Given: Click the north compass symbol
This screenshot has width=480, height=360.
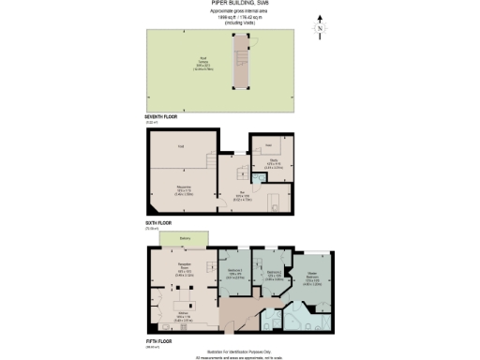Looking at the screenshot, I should coord(320,29).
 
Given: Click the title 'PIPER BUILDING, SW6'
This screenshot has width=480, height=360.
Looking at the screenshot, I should coord(239,4).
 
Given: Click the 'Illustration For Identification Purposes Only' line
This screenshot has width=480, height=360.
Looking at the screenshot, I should coord(239,351).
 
